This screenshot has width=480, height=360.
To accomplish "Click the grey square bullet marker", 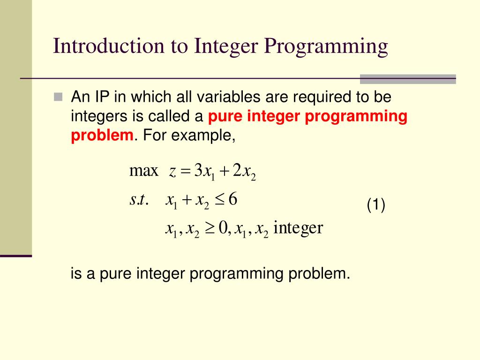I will (58, 97).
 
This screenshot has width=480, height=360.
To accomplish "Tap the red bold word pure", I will (225, 117).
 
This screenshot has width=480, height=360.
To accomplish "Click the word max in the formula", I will (143, 171).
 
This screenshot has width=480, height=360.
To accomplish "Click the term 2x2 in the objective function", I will (243, 172).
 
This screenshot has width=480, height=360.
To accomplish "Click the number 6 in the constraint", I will (233, 200).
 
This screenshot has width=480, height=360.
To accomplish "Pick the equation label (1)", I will (376, 205).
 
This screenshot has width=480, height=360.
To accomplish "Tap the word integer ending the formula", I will (298, 228).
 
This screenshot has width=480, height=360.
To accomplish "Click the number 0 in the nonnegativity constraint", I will (222, 228).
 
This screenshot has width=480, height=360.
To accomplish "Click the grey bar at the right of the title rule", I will (408, 79).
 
